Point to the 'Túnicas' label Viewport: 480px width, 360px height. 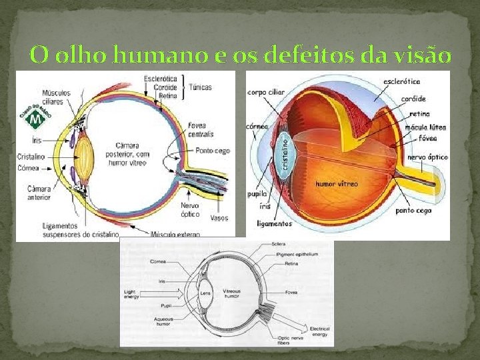200,87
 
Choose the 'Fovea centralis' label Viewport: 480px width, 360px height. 201,130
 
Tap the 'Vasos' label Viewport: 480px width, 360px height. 219,218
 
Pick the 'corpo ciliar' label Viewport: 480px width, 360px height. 265,93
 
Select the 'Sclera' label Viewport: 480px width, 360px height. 279,245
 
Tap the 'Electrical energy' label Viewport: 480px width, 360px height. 320,331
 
